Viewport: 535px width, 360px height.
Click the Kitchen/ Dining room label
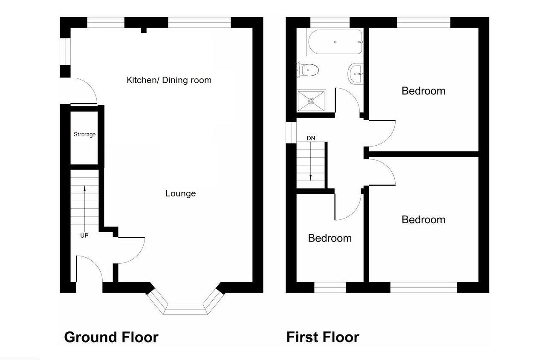tap(169, 80)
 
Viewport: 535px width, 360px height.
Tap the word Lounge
tap(180, 193)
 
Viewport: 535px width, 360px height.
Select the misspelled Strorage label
tap(84, 135)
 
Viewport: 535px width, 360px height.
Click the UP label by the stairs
tap(84, 235)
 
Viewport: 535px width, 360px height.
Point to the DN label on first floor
tap(311, 138)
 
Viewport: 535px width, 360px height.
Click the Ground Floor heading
tap(111, 337)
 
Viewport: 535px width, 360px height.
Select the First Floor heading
tap(323, 337)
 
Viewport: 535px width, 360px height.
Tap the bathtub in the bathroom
tap(335, 42)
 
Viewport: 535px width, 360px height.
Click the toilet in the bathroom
tap(308, 70)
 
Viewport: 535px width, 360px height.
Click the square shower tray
tap(311, 101)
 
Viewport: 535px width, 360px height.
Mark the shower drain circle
tap(311, 101)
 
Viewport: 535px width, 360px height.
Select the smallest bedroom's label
tap(330, 238)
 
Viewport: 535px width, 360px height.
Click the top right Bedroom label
tap(423, 91)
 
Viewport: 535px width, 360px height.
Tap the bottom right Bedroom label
tap(423, 219)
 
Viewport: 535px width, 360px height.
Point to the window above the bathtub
tap(330, 22)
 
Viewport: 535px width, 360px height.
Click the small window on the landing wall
tap(291, 132)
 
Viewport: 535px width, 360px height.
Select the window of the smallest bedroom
tap(330, 288)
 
